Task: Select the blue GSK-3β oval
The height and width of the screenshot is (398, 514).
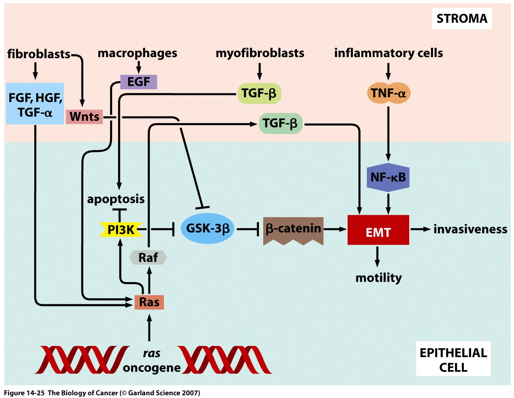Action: (x=208, y=229)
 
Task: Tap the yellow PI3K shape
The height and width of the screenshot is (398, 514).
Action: (x=121, y=230)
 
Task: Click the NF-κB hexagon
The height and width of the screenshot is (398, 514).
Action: (x=388, y=178)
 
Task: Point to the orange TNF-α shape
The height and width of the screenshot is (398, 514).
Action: (x=388, y=93)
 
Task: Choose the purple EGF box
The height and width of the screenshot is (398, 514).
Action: (x=139, y=82)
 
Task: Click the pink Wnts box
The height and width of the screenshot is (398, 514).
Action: (x=84, y=116)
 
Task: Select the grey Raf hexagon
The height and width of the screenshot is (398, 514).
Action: (x=148, y=257)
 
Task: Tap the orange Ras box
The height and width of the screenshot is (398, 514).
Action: (x=149, y=302)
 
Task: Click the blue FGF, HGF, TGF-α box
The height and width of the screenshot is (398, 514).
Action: (x=35, y=104)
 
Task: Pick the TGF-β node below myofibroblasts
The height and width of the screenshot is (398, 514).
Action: (x=259, y=93)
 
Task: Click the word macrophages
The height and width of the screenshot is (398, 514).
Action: (x=137, y=53)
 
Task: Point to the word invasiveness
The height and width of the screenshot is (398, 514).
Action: (x=470, y=229)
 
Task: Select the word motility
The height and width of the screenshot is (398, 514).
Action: (x=378, y=278)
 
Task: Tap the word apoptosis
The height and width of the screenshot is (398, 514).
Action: (x=116, y=199)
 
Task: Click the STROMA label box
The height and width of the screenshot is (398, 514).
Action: (x=461, y=19)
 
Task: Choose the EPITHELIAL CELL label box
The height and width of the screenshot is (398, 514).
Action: (x=453, y=360)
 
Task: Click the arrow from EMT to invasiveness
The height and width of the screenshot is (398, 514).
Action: (x=421, y=229)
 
